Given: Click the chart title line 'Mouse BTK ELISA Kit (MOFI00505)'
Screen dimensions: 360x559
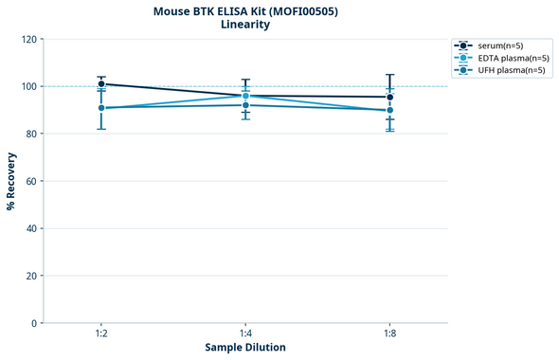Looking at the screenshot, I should click(245, 10).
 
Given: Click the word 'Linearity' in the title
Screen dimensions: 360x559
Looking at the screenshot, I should click(245, 25).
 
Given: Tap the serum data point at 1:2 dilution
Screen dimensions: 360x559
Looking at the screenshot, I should click(101, 83).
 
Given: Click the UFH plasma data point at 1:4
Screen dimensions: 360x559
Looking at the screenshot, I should click(245, 105).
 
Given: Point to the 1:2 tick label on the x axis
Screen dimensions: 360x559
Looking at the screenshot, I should click(101, 335).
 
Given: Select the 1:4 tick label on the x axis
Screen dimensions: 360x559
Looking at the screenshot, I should click(245, 335).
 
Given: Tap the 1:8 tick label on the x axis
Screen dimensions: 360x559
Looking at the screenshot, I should click(390, 335).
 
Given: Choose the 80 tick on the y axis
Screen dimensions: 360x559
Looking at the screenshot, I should click(31, 134).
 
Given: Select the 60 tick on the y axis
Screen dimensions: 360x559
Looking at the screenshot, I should click(31, 181).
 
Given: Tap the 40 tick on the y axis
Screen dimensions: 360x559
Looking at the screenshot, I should click(31, 228).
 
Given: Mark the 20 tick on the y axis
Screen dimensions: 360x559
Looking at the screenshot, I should click(31, 276).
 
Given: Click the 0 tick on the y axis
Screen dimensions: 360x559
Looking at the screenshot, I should click(34, 323).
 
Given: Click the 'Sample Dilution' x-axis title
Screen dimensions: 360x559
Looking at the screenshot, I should click(245, 348).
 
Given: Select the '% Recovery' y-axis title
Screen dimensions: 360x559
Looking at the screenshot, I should click(10, 181).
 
